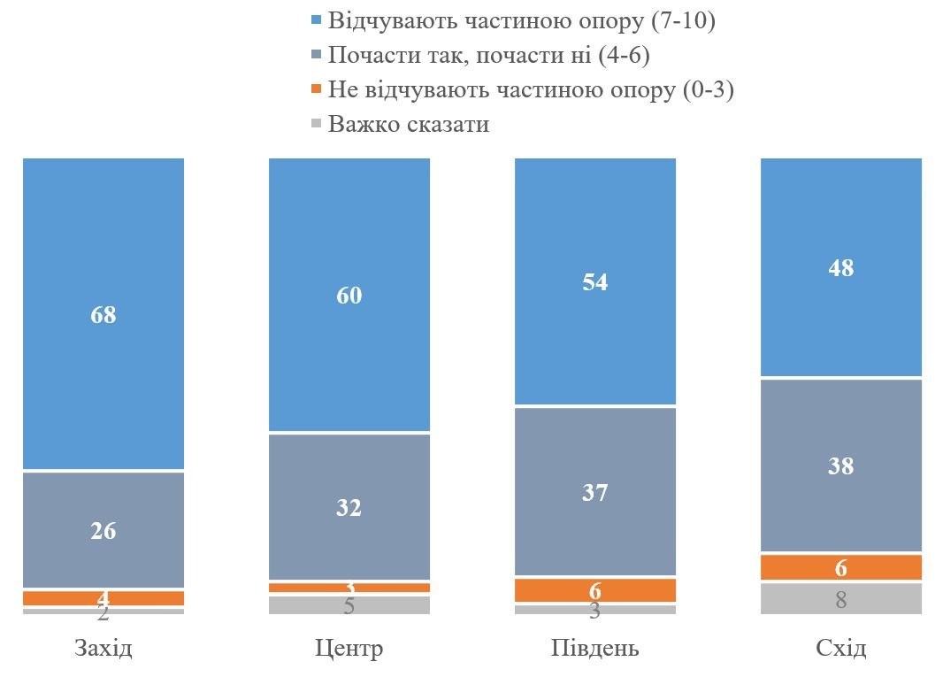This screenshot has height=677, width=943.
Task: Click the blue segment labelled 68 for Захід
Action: [103, 313]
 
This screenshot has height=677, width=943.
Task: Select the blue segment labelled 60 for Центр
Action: [349, 295]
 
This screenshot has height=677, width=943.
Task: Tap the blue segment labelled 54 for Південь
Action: [595, 281]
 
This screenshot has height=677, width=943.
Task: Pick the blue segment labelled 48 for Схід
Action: [841, 267]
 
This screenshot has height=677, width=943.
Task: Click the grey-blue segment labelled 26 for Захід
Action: [103, 530]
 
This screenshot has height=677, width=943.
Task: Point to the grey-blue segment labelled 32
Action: [349, 507]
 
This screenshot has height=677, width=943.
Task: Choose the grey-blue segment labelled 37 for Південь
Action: [595, 491]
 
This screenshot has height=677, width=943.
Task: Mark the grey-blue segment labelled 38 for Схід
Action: [841, 465]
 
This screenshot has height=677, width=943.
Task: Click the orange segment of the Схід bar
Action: [841, 567]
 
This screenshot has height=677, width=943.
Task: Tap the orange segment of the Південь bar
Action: [595, 590]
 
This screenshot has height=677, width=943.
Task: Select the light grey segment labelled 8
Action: [841, 598]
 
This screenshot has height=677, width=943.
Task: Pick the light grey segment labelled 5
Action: [349, 605]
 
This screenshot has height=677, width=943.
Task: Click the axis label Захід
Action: [103, 649]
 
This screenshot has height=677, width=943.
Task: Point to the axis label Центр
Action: [349, 649]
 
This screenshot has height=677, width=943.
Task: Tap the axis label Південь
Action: [595, 649]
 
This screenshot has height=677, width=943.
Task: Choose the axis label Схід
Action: [841, 649]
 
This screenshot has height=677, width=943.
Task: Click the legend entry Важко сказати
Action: [408, 123]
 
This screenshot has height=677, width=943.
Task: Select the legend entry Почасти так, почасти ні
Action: [488, 55]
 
